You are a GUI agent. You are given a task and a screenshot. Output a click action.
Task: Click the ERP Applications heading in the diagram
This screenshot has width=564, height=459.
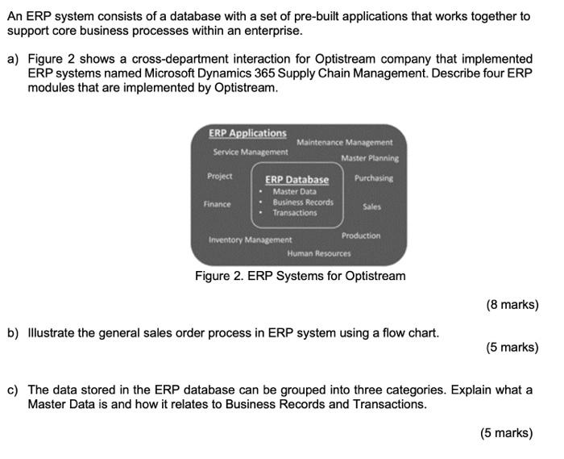click(x=247, y=133)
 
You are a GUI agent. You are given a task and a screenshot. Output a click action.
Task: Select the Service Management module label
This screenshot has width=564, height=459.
click(x=250, y=152)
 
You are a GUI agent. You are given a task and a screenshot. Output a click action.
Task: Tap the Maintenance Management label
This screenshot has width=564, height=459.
click(x=345, y=143)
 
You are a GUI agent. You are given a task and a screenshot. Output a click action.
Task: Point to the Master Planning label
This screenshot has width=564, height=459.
click(x=369, y=158)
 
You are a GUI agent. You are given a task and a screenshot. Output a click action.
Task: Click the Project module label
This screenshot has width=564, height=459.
click(x=219, y=176)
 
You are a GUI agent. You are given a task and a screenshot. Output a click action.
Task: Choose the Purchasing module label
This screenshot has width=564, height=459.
click(x=374, y=178)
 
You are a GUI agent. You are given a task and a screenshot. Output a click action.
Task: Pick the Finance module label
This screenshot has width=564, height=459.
click(x=217, y=205)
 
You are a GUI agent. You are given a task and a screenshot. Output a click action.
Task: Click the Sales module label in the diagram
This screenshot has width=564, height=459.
click(x=371, y=207)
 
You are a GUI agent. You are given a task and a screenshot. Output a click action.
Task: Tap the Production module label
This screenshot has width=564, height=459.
click(x=361, y=236)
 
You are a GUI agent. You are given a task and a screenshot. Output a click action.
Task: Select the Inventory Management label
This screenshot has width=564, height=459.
click(x=250, y=240)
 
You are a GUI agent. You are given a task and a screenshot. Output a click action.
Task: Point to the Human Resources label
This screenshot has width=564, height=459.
click(x=319, y=253)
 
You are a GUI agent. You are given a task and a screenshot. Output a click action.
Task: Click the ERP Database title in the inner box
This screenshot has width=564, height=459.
click(x=297, y=180)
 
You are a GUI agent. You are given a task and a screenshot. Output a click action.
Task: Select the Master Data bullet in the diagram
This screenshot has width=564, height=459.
click(x=294, y=192)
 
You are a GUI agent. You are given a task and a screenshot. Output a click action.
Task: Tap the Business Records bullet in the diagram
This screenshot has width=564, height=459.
click(x=302, y=202)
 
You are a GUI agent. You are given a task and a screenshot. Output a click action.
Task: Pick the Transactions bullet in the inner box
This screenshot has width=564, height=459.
click(x=294, y=213)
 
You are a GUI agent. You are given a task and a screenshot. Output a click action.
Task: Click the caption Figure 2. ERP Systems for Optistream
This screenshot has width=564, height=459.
click(x=300, y=277)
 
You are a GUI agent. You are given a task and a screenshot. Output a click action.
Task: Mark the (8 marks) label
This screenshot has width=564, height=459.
click(x=512, y=305)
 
